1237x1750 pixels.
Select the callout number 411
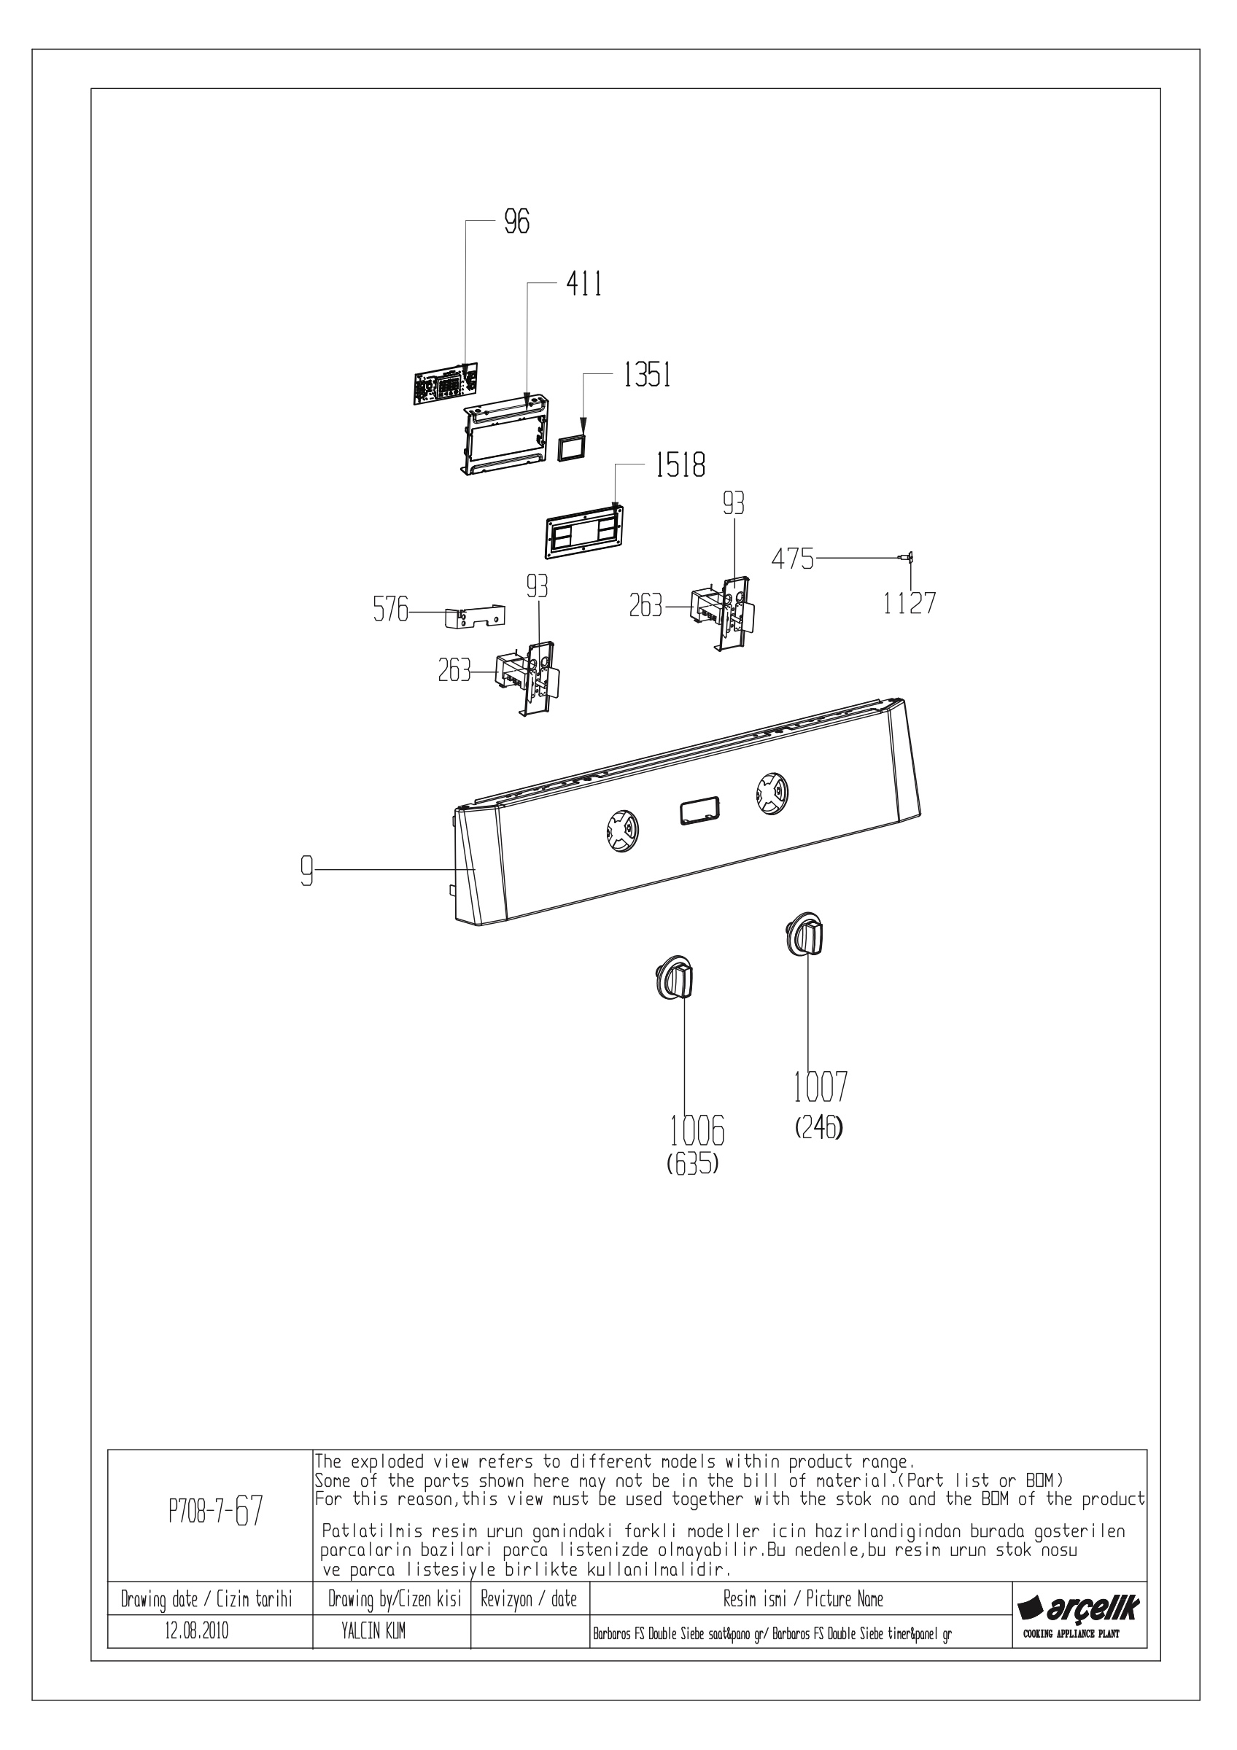click(x=583, y=284)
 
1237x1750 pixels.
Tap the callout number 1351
click(x=647, y=375)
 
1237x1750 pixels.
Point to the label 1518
click(x=680, y=465)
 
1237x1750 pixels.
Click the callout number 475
click(x=793, y=559)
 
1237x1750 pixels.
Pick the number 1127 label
click(x=910, y=603)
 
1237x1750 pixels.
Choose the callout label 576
click(x=390, y=610)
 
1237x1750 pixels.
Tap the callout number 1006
click(x=697, y=1131)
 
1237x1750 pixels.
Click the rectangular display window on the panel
click(x=697, y=810)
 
